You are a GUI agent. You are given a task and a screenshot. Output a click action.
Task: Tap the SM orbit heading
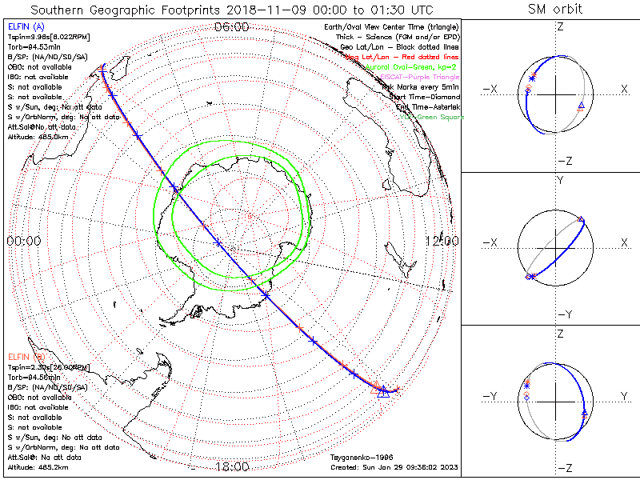[554, 10]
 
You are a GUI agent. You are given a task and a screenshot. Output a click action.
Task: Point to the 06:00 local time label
[232, 27]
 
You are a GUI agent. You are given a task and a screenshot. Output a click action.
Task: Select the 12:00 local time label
[442, 240]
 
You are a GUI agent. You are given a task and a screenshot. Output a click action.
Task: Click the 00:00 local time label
[24, 240]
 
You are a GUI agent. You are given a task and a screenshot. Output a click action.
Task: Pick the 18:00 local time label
[232, 466]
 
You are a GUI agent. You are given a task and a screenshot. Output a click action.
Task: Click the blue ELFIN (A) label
[26, 29]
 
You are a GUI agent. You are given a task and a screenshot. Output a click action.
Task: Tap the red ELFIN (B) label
[26, 356]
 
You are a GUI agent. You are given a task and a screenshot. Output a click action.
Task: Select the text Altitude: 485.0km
[38, 137]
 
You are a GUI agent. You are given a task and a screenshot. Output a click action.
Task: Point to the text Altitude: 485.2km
[38, 466]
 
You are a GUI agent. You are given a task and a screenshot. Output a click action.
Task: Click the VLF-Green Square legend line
[432, 117]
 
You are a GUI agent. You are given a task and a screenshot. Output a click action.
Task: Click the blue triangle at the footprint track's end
[383, 391]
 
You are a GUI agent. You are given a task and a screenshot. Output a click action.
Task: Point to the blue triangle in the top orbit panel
[581, 106]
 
